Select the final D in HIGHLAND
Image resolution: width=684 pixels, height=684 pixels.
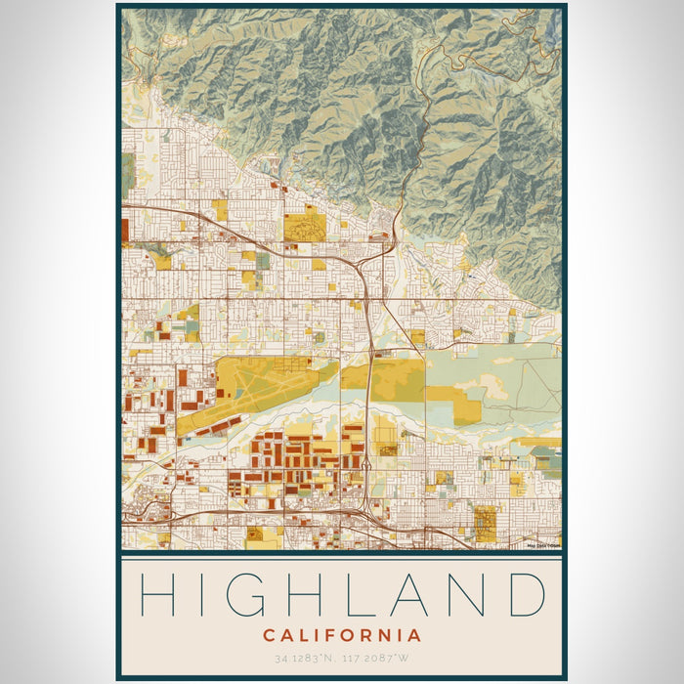coord(525,594)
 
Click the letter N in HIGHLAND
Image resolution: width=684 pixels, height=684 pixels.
coord(471,594)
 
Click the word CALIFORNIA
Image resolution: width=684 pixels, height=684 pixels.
coord(342,635)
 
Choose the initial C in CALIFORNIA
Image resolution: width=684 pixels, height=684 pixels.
coord(269,635)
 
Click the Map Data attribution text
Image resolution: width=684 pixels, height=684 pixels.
coord(541,545)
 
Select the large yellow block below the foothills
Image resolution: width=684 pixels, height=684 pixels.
coord(304,228)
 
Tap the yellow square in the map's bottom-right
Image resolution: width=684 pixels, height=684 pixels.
coord(485,523)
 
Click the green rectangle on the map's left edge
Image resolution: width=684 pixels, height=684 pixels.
coord(128,173)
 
